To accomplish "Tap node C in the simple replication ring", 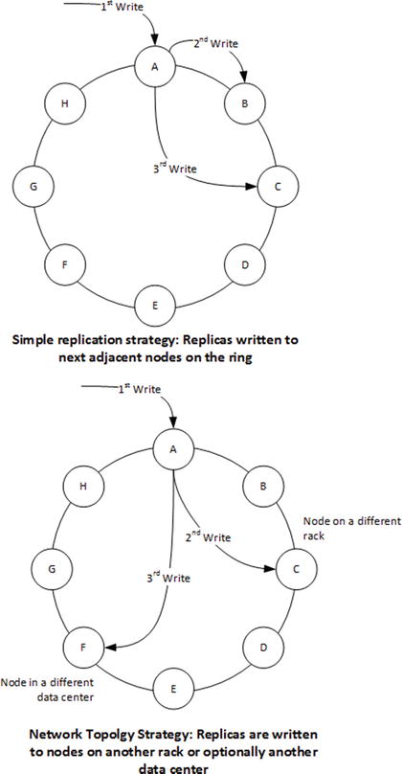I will tap(277, 188).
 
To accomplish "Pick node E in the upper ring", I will tap(153, 305).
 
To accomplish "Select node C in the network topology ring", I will tap(296, 568).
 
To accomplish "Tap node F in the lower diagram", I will tap(84, 648).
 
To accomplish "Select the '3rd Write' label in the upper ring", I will tap(176, 170).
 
